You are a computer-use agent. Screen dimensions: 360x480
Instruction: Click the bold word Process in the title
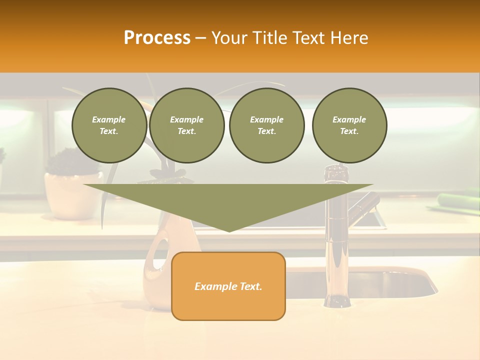pos(157,38)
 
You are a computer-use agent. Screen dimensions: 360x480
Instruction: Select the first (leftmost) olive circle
pos(109,125)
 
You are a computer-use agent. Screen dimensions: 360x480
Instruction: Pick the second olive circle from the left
pos(186,125)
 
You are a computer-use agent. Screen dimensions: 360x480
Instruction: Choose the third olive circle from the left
pos(266,125)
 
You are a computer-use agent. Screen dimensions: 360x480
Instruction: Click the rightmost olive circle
pos(349,125)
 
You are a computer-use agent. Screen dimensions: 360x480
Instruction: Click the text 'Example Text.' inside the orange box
pos(228,286)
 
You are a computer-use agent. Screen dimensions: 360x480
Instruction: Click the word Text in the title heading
pos(308,38)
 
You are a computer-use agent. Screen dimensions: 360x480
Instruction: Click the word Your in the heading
pos(228,38)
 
